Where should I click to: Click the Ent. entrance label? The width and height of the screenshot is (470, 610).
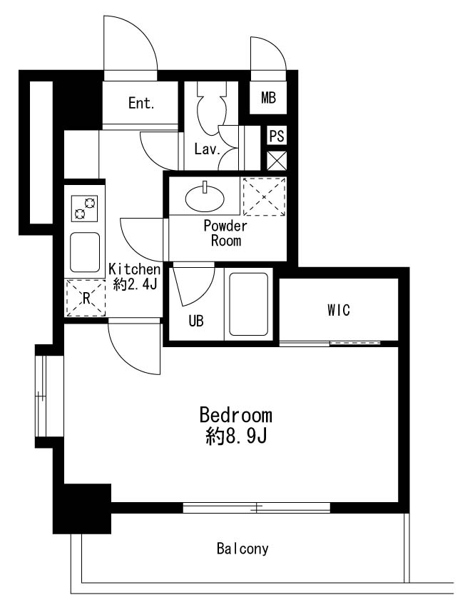[x=141, y=104]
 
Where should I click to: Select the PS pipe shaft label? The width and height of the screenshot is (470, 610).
[x=277, y=136]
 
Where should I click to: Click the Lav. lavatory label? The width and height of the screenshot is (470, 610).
[x=206, y=150]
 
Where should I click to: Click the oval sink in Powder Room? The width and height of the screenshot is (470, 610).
[x=205, y=196]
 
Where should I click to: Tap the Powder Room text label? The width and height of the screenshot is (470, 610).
[x=225, y=234]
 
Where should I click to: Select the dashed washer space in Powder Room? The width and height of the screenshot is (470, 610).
[x=264, y=196]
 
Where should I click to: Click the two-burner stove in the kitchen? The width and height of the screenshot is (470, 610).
[x=84, y=209]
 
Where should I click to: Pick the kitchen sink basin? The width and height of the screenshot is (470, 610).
[x=84, y=251]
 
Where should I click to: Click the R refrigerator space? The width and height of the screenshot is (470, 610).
[x=85, y=299]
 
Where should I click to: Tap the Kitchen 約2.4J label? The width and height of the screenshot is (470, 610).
[x=133, y=277]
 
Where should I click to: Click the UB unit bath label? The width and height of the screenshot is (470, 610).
[x=196, y=321]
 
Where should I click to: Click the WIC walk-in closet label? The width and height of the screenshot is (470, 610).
[x=339, y=310]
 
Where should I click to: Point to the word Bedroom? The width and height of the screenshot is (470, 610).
[x=235, y=416]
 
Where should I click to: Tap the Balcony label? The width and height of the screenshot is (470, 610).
[x=242, y=549]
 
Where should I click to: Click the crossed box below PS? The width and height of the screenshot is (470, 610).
[x=277, y=159]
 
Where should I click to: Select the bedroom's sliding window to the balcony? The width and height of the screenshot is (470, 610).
[x=257, y=508]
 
